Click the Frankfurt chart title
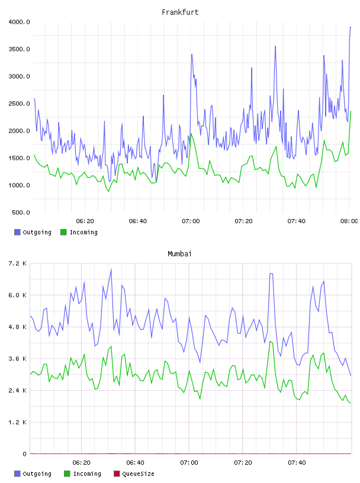[180, 12]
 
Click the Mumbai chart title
[179, 254]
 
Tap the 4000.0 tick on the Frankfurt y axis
[19, 22]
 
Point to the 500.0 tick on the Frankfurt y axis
[21, 212]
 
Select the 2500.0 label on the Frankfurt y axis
[19, 104]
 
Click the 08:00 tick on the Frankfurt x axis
[349, 221]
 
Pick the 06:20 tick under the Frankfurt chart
[85, 221]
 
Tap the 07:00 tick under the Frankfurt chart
[191, 221]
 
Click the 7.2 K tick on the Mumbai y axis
[17, 263]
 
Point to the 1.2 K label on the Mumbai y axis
[17, 422]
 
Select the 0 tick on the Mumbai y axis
[24, 454]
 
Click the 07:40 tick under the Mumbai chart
[297, 463]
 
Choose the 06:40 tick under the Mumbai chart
[136, 463]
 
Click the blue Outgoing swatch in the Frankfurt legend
[17, 232]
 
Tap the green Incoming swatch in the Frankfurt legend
[63, 232]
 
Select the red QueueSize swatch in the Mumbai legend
[117, 474]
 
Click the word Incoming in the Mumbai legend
[87, 474]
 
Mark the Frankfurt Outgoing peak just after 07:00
[192, 54]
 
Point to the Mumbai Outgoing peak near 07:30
[271, 273]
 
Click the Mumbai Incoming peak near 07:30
[270, 342]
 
